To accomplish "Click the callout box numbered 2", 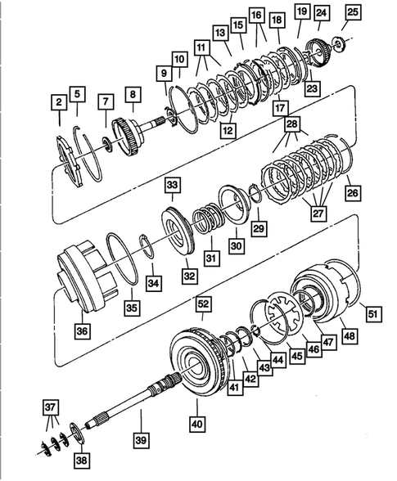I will (58, 102).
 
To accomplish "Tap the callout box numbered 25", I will (352, 11).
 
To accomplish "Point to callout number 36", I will (82, 330).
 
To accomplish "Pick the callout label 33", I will (172, 186).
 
